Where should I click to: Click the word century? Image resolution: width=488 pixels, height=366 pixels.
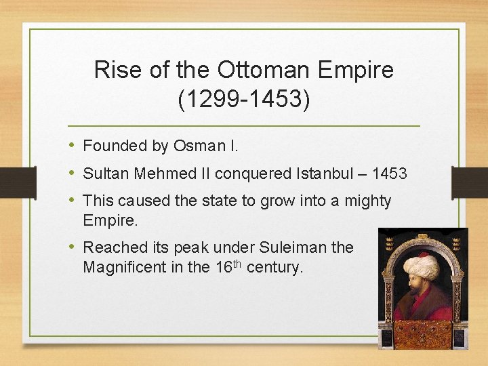coord(275,267)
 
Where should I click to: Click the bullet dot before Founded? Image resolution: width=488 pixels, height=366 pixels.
coord(73,146)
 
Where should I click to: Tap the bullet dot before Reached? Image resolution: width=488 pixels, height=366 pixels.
coord(73,247)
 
